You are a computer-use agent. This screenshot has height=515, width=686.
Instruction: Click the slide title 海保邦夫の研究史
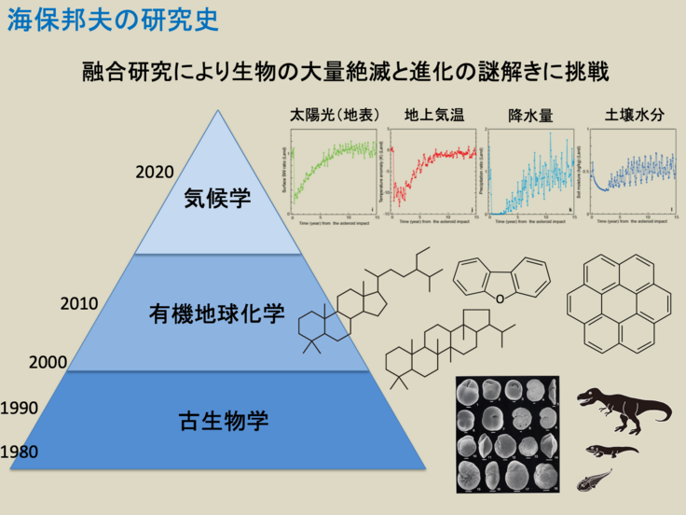coord(113,21)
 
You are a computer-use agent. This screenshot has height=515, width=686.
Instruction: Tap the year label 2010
coord(79,303)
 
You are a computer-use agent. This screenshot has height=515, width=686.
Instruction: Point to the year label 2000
coord(48,362)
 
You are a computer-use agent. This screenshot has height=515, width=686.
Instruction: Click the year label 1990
coord(20,408)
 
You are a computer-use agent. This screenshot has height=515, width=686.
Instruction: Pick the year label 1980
coord(20,452)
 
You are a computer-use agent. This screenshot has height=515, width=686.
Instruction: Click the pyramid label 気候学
coord(218,199)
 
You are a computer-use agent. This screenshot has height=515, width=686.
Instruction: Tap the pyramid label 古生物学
coord(223,420)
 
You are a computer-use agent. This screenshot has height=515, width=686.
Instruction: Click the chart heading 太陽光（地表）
coord(334,116)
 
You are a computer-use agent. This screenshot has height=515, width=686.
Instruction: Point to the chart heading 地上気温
coord(434,116)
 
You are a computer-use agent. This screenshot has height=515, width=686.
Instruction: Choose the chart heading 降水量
coord(530,116)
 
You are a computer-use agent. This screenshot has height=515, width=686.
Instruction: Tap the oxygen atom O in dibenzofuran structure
coord(501,298)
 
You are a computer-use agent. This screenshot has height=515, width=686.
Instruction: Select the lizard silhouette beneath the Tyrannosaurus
coord(611,451)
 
